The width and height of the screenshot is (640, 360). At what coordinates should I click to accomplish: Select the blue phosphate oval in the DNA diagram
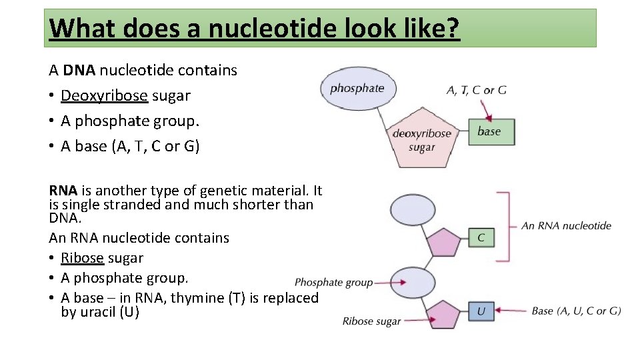357,88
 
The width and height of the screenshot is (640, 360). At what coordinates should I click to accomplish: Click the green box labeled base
491,131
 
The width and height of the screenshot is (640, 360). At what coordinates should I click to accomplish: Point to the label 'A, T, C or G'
476,90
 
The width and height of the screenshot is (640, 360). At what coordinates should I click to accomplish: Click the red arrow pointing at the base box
487,107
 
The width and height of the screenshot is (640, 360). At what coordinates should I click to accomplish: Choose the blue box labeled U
481,311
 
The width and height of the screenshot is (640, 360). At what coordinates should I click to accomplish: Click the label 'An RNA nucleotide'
566,225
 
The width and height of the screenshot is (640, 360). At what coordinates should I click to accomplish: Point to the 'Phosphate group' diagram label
333,283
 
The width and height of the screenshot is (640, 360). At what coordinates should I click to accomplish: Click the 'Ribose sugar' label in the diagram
371,321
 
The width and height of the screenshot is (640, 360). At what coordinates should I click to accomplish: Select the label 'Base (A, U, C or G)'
576,311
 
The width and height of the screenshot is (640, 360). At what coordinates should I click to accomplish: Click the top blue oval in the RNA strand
413,210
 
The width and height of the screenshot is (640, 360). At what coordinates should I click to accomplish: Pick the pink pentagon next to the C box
443,242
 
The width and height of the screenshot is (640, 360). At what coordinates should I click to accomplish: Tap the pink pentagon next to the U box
443,313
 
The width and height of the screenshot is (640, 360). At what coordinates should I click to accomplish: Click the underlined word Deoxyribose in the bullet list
104,96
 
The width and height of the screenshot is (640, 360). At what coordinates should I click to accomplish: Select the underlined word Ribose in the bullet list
82,258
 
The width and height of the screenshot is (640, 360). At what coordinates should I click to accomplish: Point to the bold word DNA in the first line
79,71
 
